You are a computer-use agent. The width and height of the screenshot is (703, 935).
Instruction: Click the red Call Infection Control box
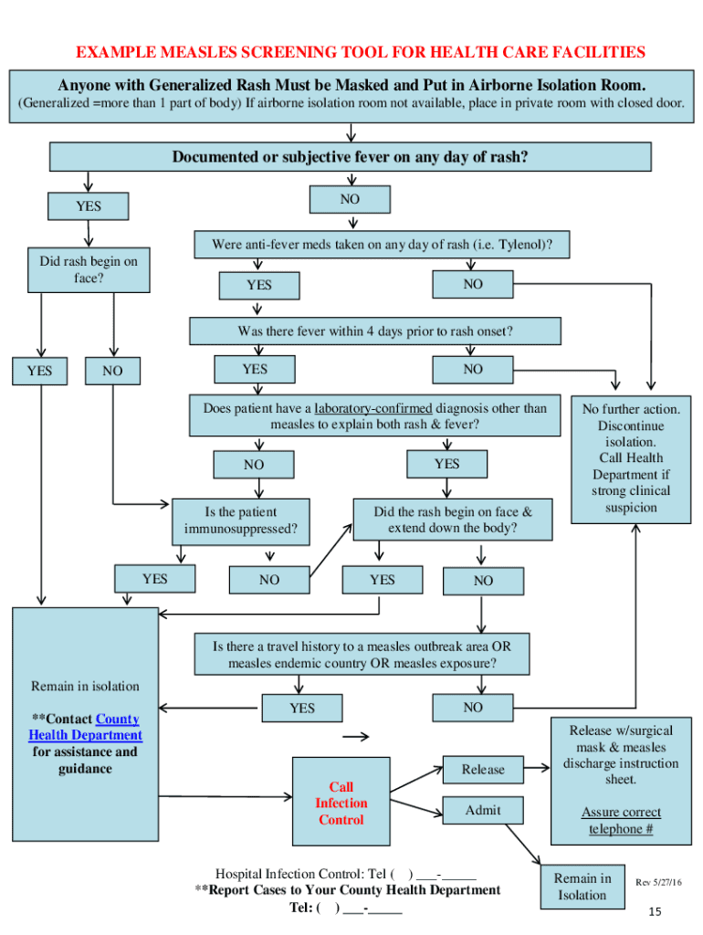pyautogui.click(x=341, y=803)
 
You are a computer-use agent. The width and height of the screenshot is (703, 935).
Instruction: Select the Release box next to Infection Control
pyautogui.click(x=483, y=770)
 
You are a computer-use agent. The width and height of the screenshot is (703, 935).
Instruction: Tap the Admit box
pyautogui.click(x=483, y=810)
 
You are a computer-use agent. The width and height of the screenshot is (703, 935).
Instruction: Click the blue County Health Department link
pyautogui.click(x=86, y=728)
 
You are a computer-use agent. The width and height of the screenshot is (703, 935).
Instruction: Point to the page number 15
pyautogui.click(x=654, y=912)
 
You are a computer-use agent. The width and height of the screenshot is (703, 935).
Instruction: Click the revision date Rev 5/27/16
pyautogui.click(x=658, y=882)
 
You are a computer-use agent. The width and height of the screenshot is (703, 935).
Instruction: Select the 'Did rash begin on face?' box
pyautogui.click(x=88, y=269)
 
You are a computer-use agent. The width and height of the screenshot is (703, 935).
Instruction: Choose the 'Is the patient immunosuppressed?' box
pyautogui.click(x=240, y=520)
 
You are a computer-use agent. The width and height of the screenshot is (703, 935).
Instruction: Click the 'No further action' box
pyautogui.click(x=631, y=458)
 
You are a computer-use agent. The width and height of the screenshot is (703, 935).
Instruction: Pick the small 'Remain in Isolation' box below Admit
pyautogui.click(x=582, y=887)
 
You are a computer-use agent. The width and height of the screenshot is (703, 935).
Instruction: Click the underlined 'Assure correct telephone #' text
pyautogui.click(x=621, y=821)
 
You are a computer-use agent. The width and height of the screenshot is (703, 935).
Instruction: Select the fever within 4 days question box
pyautogui.click(x=374, y=331)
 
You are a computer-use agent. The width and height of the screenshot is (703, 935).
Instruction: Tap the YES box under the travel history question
pyautogui.click(x=301, y=709)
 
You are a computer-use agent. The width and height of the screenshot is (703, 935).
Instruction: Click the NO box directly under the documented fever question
pyautogui.click(x=350, y=199)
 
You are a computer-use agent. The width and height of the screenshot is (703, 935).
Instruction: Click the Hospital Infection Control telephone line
pyautogui.click(x=345, y=873)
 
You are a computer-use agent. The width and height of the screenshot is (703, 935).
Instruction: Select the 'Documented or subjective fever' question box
pyautogui.click(x=350, y=157)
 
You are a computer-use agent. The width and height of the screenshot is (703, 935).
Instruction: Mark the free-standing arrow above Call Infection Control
pyautogui.click(x=356, y=737)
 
